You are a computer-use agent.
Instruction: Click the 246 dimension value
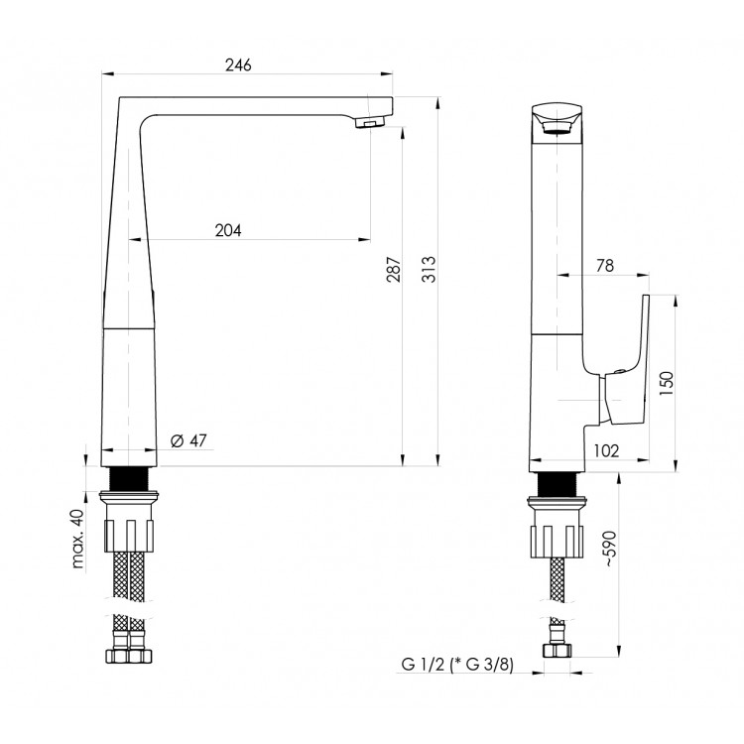pyautogui.click(x=238, y=65)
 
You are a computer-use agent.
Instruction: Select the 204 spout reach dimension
pyautogui.click(x=228, y=230)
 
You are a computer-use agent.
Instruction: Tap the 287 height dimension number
pyautogui.click(x=394, y=270)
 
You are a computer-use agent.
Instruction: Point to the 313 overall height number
pyautogui.click(x=429, y=270)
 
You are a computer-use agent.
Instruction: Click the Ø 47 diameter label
pyautogui.click(x=188, y=440)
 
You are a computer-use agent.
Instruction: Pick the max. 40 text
pyautogui.click(x=76, y=539)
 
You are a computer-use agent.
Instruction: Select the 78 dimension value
pyautogui.click(x=605, y=266)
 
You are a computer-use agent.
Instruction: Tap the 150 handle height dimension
pyautogui.click(x=667, y=384)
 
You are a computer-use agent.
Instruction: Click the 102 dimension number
pyautogui.click(x=606, y=450)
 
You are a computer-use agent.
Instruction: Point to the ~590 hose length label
pyautogui.click(x=611, y=549)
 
